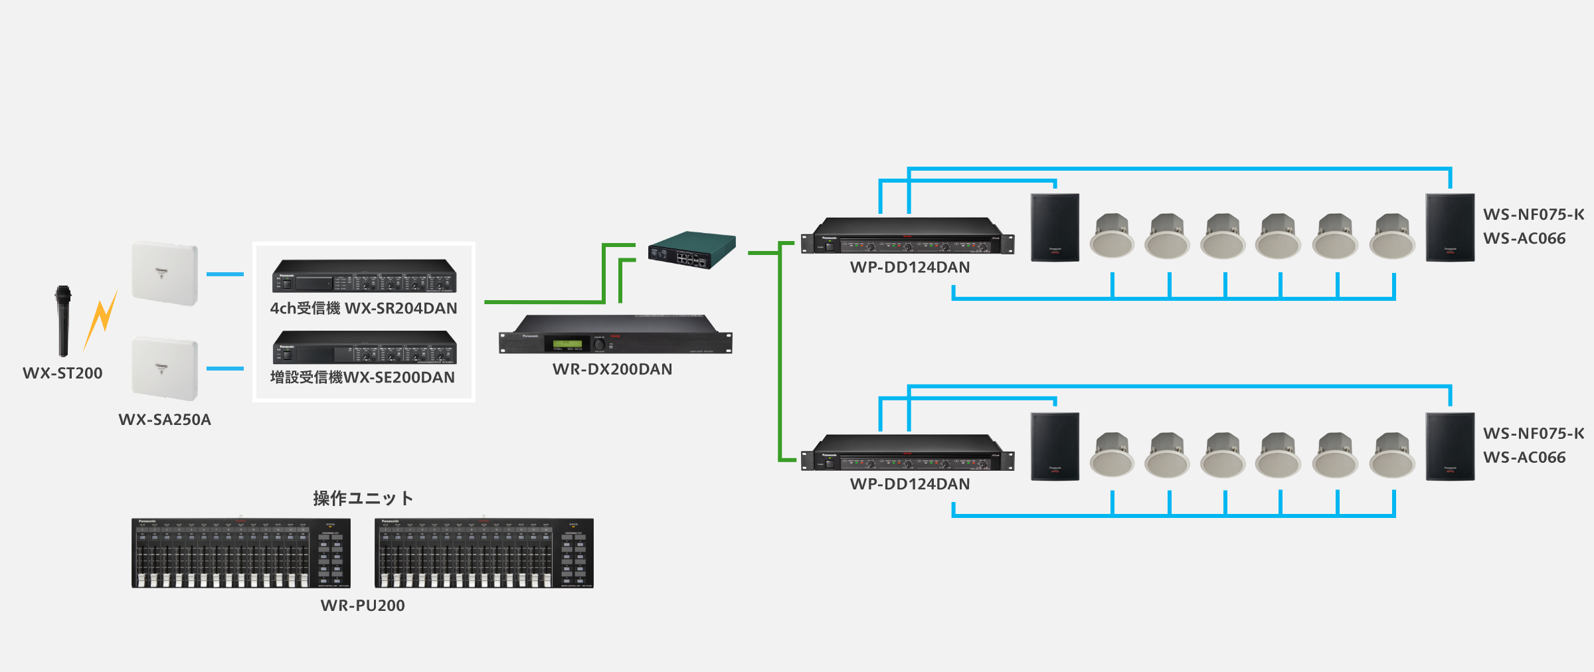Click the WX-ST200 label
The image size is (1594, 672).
click(62, 373)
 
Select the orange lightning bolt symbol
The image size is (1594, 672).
click(101, 319)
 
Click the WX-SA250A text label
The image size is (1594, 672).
click(165, 420)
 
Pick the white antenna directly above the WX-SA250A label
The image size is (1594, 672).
click(165, 369)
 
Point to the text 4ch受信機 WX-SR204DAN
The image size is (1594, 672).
click(363, 308)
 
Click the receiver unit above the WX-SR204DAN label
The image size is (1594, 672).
click(364, 276)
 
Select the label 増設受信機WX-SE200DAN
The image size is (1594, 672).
click(363, 377)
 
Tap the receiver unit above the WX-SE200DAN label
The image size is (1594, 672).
click(364, 347)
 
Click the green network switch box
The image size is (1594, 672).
click(692, 250)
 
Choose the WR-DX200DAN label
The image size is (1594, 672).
click(612, 369)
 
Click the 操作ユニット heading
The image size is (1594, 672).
click(363, 498)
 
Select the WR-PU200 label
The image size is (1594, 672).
click(363, 606)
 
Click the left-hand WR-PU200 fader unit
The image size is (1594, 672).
click(240, 553)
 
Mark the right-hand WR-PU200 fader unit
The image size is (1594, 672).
click(484, 553)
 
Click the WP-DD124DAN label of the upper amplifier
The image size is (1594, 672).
click(910, 268)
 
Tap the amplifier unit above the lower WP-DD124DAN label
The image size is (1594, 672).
click(908, 454)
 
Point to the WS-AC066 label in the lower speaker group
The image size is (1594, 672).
click(1524, 458)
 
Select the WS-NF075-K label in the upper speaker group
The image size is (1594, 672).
click(1534, 214)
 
